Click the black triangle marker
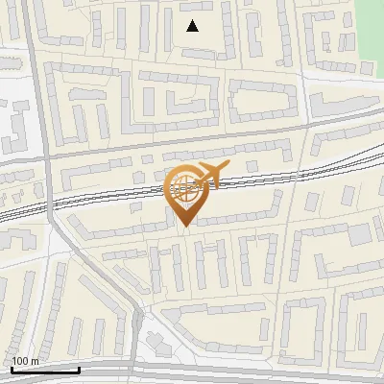(193, 26)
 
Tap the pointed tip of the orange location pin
(185, 226)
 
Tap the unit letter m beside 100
(36, 361)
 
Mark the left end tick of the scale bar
(12, 369)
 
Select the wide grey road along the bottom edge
(240, 374)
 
